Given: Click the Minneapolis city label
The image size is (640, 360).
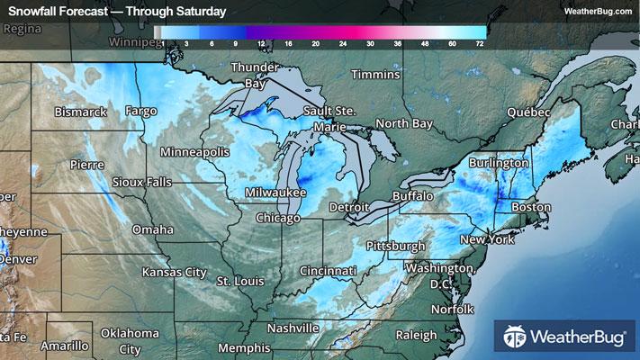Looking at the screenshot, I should (x=194, y=152).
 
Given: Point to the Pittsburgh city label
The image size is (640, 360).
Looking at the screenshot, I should (x=396, y=246).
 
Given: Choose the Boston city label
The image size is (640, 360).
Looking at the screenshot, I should (x=530, y=207).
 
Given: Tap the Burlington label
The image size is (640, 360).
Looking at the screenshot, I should (x=498, y=163).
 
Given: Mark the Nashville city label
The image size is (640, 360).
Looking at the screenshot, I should (x=293, y=328).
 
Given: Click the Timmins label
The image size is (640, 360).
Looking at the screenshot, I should (x=374, y=74).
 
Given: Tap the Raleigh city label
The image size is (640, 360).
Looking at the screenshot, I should (x=415, y=335).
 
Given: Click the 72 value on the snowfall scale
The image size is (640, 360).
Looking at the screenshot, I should (x=480, y=42).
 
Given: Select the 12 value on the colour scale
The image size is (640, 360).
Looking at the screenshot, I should (x=260, y=42).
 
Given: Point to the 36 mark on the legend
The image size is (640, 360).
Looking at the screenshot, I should (x=397, y=42).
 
